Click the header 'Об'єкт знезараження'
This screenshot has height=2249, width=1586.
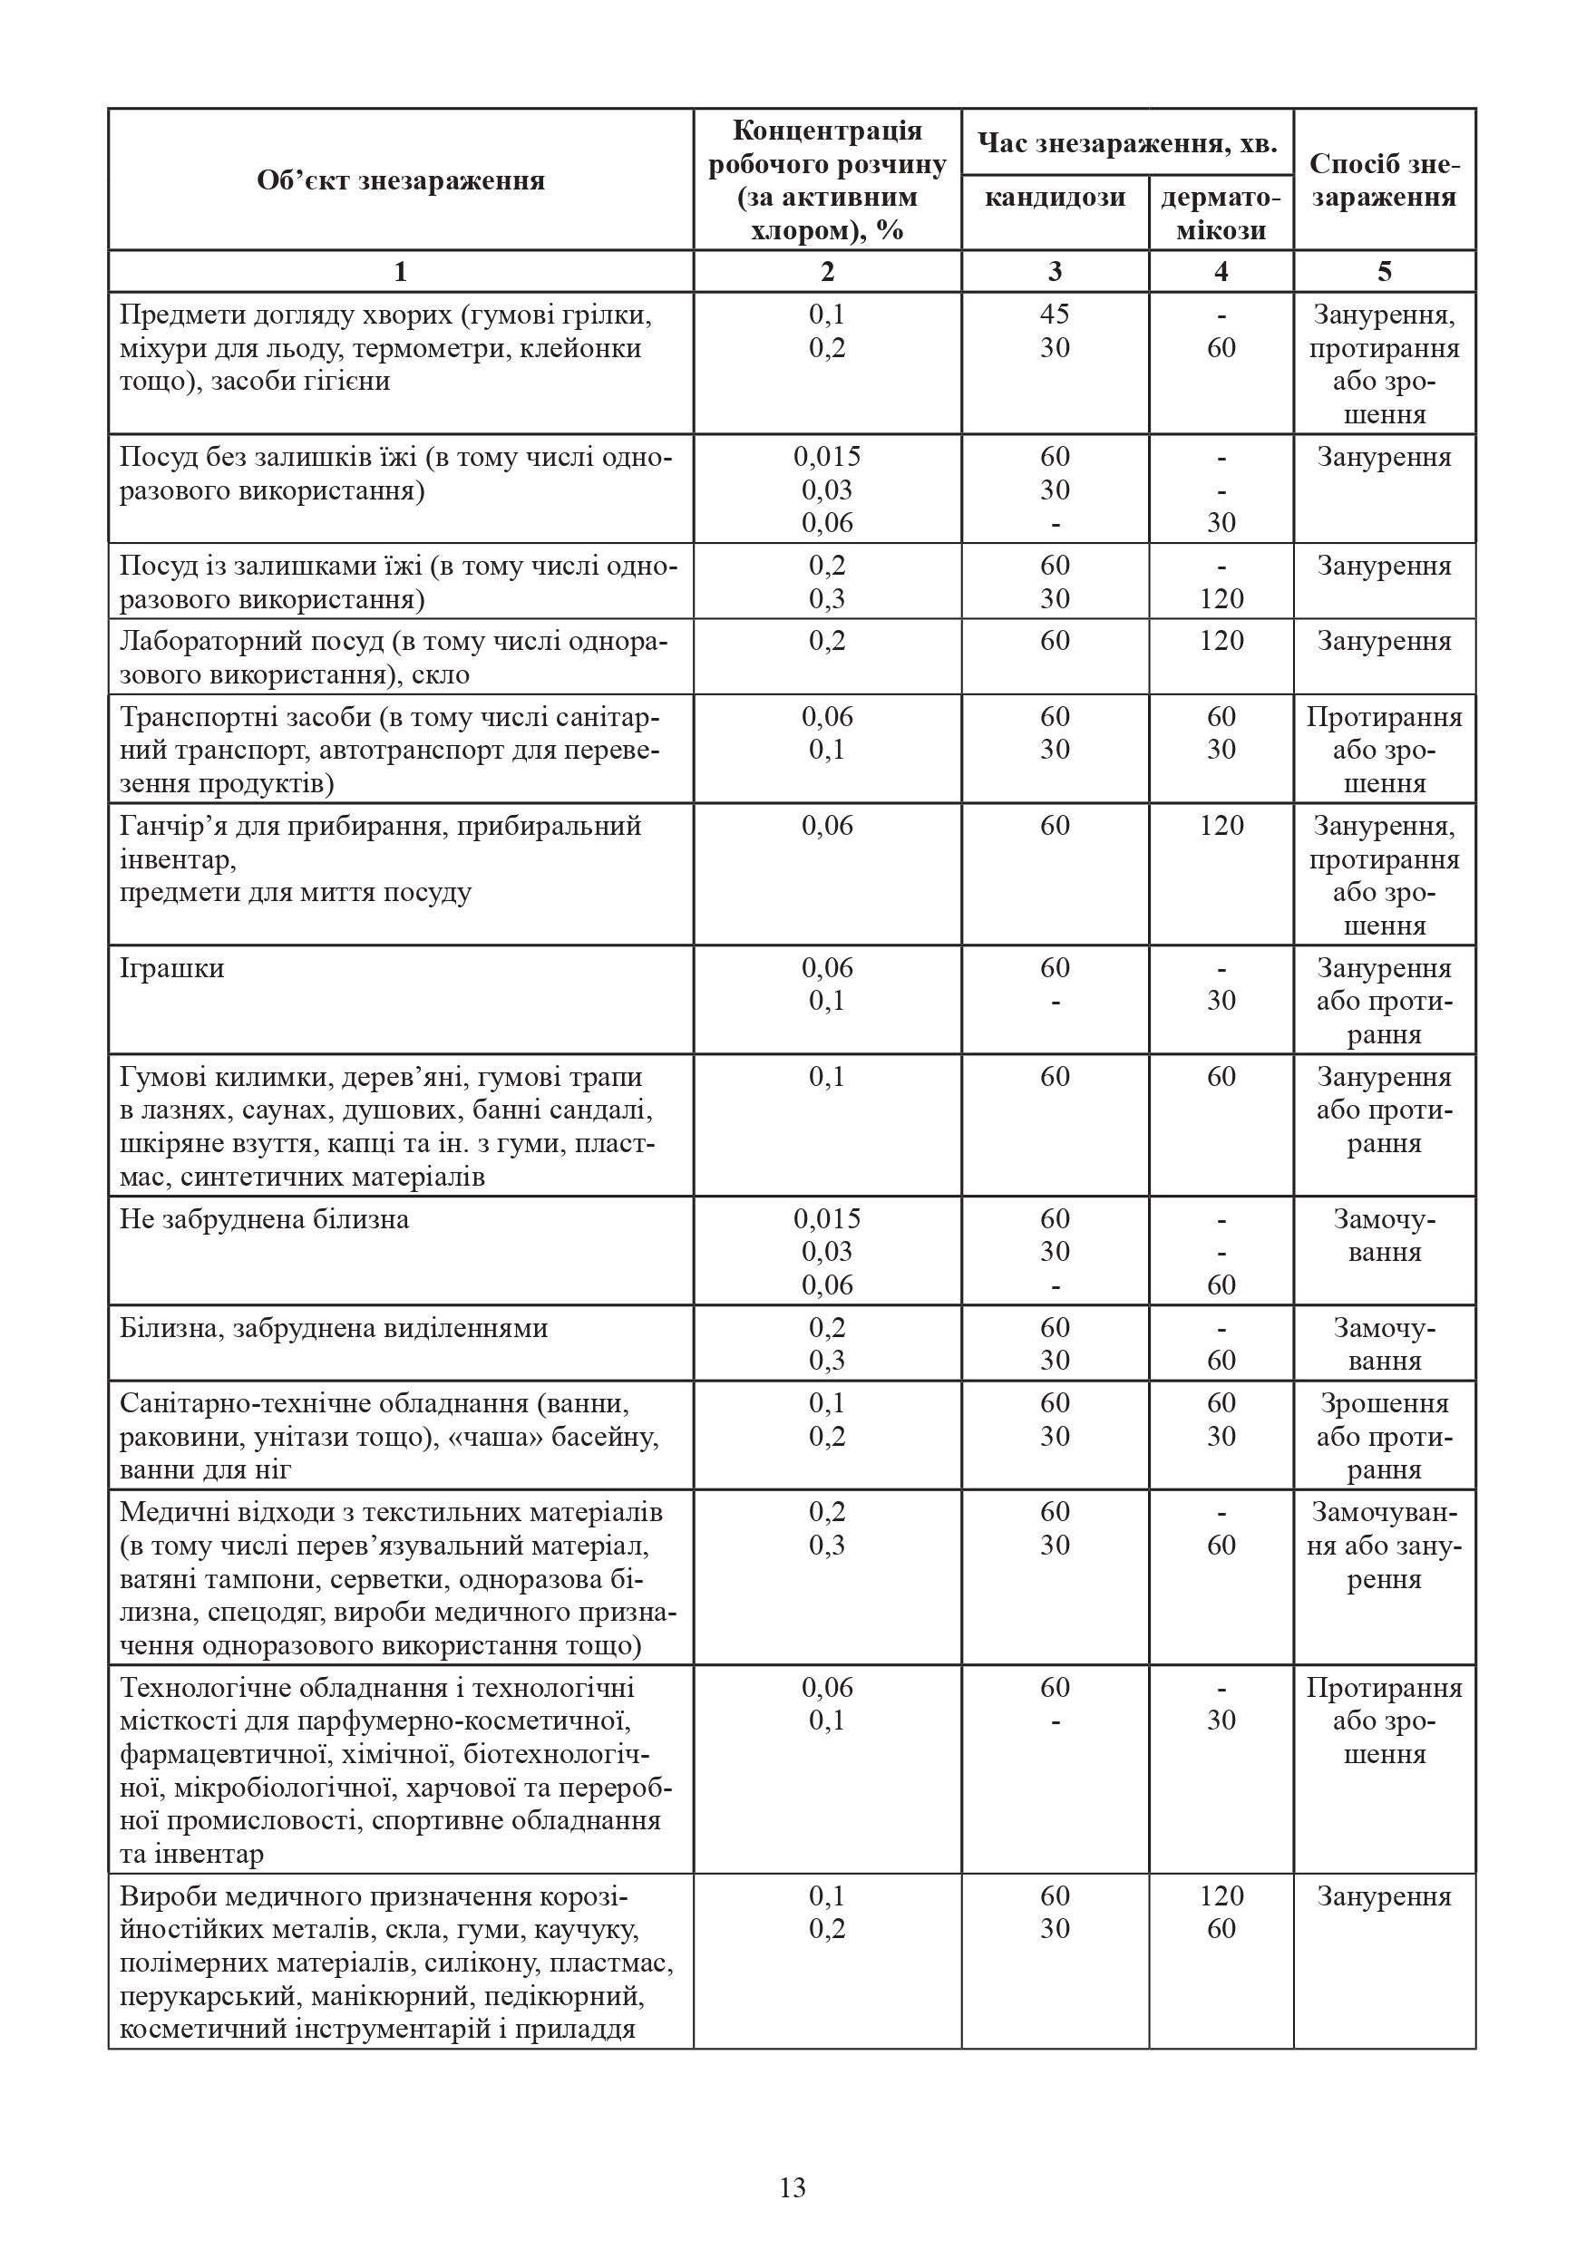pyautogui.click(x=401, y=181)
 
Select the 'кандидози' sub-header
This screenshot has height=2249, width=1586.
pyautogui.click(x=1054, y=198)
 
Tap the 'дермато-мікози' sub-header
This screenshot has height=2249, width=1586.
pyautogui.click(x=1221, y=214)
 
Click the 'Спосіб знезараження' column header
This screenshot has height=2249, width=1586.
pyautogui.click(x=1384, y=181)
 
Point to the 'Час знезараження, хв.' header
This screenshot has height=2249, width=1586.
pyautogui.click(x=1126, y=144)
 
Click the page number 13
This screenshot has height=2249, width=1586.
pyautogui.click(x=793, y=2187)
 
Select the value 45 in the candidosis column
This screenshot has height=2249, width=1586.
pyautogui.click(x=1054, y=315)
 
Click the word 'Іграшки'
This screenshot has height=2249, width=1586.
pyautogui.click(x=171, y=969)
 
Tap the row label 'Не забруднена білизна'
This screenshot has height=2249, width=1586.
pyautogui.click(x=265, y=1219)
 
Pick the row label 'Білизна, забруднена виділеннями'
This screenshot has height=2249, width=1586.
pyautogui.click(x=333, y=1328)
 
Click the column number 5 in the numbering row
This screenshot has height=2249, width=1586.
pyautogui.click(x=1384, y=271)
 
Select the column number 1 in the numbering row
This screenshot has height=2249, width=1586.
pyautogui.click(x=400, y=271)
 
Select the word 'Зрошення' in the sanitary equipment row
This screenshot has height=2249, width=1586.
pyautogui.click(x=1384, y=1403)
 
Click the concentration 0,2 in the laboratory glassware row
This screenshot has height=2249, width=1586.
pyautogui.click(x=827, y=642)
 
